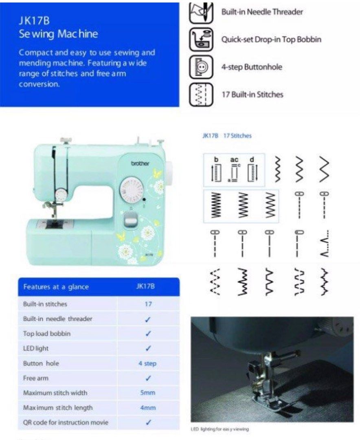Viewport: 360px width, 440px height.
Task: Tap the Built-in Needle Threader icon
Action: pos(201,13)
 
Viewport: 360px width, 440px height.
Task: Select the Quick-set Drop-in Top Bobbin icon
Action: pos(201,40)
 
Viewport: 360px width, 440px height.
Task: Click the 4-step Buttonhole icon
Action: pos(201,67)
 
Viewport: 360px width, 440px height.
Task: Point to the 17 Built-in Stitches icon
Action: pos(201,95)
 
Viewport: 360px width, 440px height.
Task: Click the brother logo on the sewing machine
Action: pos(140,163)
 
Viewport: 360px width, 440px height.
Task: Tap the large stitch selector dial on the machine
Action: pos(132,190)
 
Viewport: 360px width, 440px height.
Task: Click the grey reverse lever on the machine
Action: pos(130,220)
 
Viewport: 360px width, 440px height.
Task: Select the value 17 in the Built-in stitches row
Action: pos(148,304)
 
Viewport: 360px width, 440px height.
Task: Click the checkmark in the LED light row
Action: pos(148,348)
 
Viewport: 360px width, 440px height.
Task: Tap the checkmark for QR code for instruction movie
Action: pos(148,422)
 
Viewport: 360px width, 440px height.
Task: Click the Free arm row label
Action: pos(35,378)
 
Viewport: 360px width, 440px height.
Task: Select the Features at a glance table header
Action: pos(56,287)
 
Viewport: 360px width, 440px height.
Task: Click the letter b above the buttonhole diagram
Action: pos(216,159)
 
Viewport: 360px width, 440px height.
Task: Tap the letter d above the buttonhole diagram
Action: pos(252,159)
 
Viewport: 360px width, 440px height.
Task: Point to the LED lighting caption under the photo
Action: pos(220,429)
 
